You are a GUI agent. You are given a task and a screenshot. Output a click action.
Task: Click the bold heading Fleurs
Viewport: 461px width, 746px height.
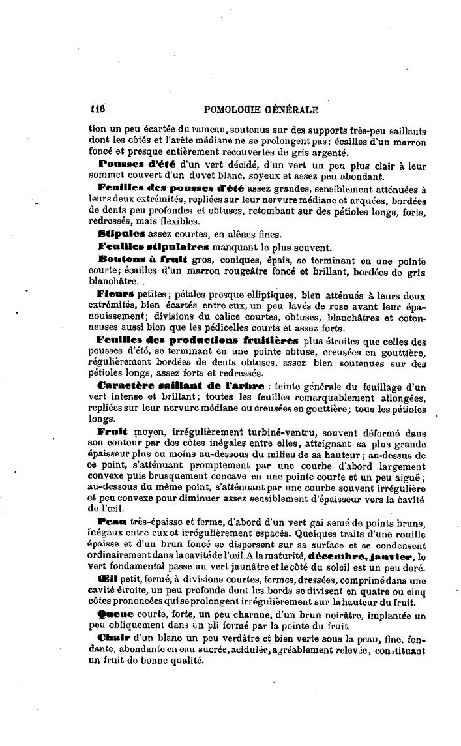pyautogui.click(x=115, y=294)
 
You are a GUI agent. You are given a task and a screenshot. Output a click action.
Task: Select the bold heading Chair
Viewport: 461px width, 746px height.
pyautogui.click(x=112, y=638)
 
